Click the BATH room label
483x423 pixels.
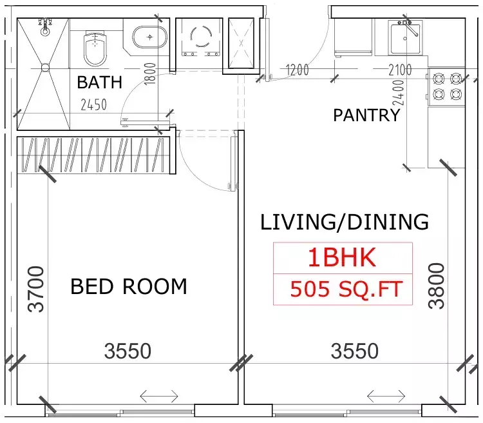coord(99,83)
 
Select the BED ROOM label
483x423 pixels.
coord(129,286)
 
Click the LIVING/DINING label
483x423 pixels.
coord(345,222)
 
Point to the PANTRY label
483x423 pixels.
coord(366,115)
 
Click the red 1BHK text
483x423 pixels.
coord(341,258)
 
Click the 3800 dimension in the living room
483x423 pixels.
coord(437,286)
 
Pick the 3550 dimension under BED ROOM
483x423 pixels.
coord(128,351)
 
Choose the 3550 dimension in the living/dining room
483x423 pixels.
coord(354,351)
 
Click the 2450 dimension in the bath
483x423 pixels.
coord(93,104)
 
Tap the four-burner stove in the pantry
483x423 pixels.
coord(446,86)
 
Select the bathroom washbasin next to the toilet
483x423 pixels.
coord(149,37)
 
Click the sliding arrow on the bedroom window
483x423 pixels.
coord(159,395)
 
